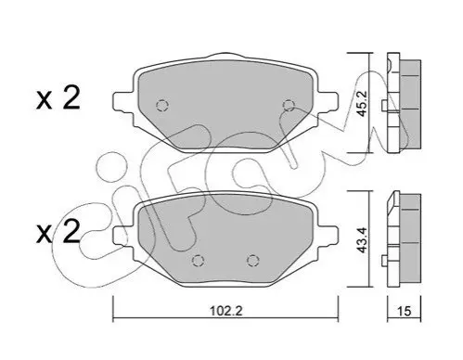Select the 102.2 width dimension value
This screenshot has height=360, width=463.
pos(226,311)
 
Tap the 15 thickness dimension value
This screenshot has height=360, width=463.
pos(405,311)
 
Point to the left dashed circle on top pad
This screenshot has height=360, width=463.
pos(161,106)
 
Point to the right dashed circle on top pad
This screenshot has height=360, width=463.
pos(289,106)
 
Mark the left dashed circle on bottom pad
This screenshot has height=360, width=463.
pos(198,261)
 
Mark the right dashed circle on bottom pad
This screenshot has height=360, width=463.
pos(252,261)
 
